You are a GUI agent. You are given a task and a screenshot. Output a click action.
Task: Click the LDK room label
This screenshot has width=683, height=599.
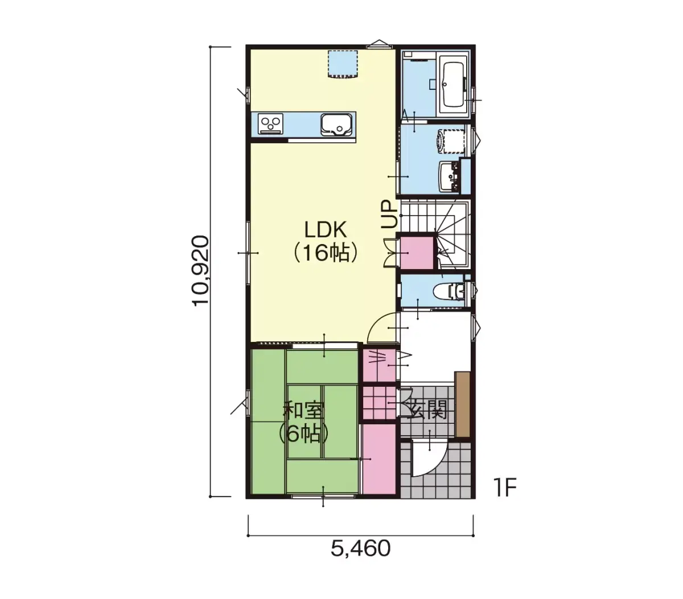[326, 230]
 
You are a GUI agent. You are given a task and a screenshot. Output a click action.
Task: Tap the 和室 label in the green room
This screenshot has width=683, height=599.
[304, 410]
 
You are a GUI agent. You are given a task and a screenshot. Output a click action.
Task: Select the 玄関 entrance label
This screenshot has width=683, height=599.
[426, 410]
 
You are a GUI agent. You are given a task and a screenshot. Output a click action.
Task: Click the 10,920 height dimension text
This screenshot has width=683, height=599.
[200, 271]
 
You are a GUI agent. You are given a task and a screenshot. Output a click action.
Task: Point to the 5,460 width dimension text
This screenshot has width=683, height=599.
[360, 557]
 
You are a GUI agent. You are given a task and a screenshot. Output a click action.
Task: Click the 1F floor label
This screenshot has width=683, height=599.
[505, 488]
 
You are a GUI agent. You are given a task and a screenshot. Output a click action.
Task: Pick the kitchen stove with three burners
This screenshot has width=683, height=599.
[270, 123]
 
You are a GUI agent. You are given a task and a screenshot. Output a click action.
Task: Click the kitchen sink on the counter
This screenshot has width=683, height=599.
[336, 125]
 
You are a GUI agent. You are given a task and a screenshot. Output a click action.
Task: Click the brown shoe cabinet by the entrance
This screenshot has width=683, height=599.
[462, 404]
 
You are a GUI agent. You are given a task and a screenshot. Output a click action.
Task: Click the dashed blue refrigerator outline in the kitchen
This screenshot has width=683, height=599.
[343, 65]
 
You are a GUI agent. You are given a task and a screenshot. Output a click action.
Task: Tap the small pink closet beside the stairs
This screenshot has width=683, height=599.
[416, 253]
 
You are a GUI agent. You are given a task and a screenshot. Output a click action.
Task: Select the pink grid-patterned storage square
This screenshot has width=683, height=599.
[379, 402]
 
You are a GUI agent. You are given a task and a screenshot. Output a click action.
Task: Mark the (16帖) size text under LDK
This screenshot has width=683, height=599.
[326, 253]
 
